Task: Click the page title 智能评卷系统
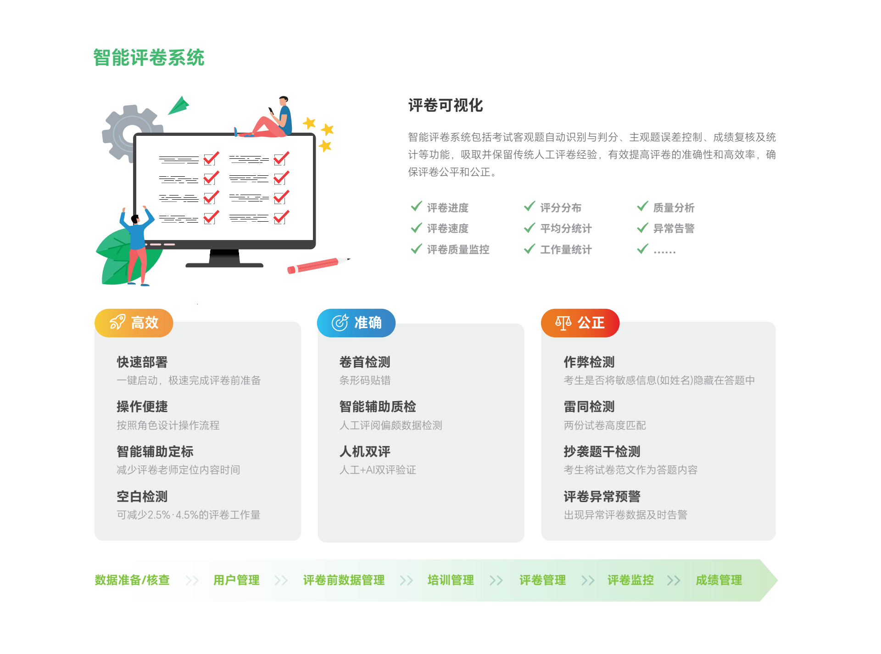[149, 58]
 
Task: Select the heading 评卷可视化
[445, 106]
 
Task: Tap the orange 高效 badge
[134, 323]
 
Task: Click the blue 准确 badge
[356, 323]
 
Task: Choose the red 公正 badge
[580, 323]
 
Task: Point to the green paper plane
[179, 106]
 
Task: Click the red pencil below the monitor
[317, 265]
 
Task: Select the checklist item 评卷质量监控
[458, 250]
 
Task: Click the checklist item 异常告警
[674, 229]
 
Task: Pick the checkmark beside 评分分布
[530, 207]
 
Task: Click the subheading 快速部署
[142, 362]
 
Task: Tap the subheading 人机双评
[365, 452]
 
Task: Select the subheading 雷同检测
[589, 407]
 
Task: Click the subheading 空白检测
[142, 497]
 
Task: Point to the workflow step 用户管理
[236, 580]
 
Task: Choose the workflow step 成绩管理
[719, 580]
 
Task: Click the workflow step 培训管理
[451, 580]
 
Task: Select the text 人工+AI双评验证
[378, 470]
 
